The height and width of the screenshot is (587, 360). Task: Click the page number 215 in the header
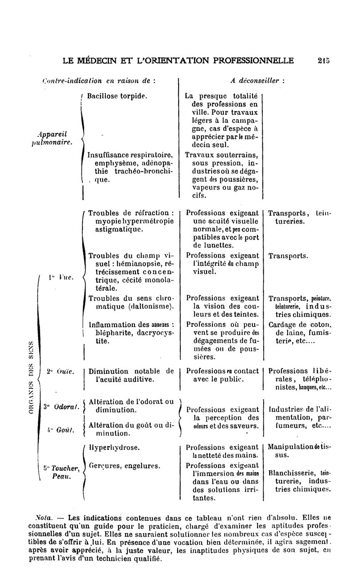point(323,60)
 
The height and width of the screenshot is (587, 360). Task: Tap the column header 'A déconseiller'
point(257,81)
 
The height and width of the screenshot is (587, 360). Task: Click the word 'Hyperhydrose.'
point(114,448)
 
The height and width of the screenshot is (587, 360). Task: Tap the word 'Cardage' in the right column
point(283,325)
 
